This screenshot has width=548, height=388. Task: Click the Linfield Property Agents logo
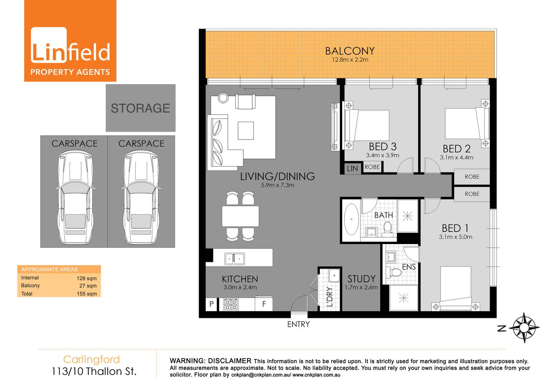[70, 41]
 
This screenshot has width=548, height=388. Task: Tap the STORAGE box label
[140, 108]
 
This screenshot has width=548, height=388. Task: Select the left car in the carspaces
[75, 197]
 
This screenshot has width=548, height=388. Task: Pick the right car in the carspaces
[141, 197]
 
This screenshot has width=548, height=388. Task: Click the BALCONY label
[350, 51]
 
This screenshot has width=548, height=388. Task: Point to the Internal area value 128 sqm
[86, 278]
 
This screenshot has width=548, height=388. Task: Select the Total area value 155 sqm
[86, 294]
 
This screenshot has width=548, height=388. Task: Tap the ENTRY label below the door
[298, 324]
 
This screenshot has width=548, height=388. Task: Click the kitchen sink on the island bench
[234, 258]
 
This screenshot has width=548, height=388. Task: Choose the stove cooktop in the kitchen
[231, 304]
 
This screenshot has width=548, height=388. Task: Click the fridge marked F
[264, 304]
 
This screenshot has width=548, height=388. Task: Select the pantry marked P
[211, 304]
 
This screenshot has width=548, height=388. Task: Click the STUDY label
[361, 279]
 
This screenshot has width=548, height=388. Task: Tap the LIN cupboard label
[352, 169]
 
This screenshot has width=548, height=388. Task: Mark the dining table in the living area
[240, 216]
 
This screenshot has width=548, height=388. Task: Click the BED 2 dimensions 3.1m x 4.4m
[456, 158]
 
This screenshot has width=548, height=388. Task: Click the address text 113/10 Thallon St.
[94, 371]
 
